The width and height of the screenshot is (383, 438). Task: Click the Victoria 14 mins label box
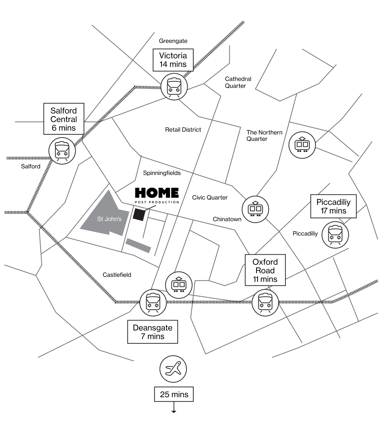tap(173, 60)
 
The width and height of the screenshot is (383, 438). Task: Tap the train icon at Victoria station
tap(174, 86)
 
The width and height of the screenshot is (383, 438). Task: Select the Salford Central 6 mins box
tap(64, 119)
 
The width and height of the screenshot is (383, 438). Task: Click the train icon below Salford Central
tap(62, 150)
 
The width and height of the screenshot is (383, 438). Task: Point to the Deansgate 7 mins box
tap(153, 332)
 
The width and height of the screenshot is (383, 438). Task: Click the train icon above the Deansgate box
tap(153, 302)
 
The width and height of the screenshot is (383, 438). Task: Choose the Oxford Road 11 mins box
tap(265, 270)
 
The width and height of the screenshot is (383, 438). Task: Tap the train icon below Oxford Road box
tap(265, 302)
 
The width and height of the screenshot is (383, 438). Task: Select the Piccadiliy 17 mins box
tap(333, 206)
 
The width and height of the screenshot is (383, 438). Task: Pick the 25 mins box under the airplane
tap(174, 394)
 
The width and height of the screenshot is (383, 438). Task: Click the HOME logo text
tap(157, 193)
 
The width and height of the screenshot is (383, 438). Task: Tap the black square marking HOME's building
tap(139, 214)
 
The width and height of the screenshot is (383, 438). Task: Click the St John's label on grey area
tap(109, 219)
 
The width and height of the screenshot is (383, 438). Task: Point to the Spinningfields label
tap(162, 173)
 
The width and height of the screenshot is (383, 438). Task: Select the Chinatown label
tap(227, 219)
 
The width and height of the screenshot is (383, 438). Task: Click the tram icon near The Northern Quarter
tap(302, 145)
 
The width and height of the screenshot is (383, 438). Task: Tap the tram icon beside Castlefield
tap(179, 285)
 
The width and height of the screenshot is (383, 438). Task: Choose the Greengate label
tap(173, 41)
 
